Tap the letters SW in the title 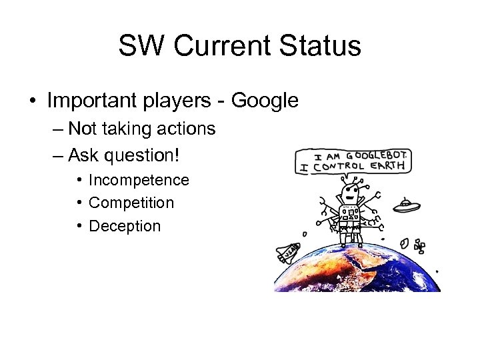pos(139,46)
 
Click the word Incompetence pos(139,180)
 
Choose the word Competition pos(131,203)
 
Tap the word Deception pos(125,226)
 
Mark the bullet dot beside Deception pos(79,226)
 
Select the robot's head pos(348,195)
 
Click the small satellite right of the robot pos(419,246)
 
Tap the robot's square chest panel pos(350,215)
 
